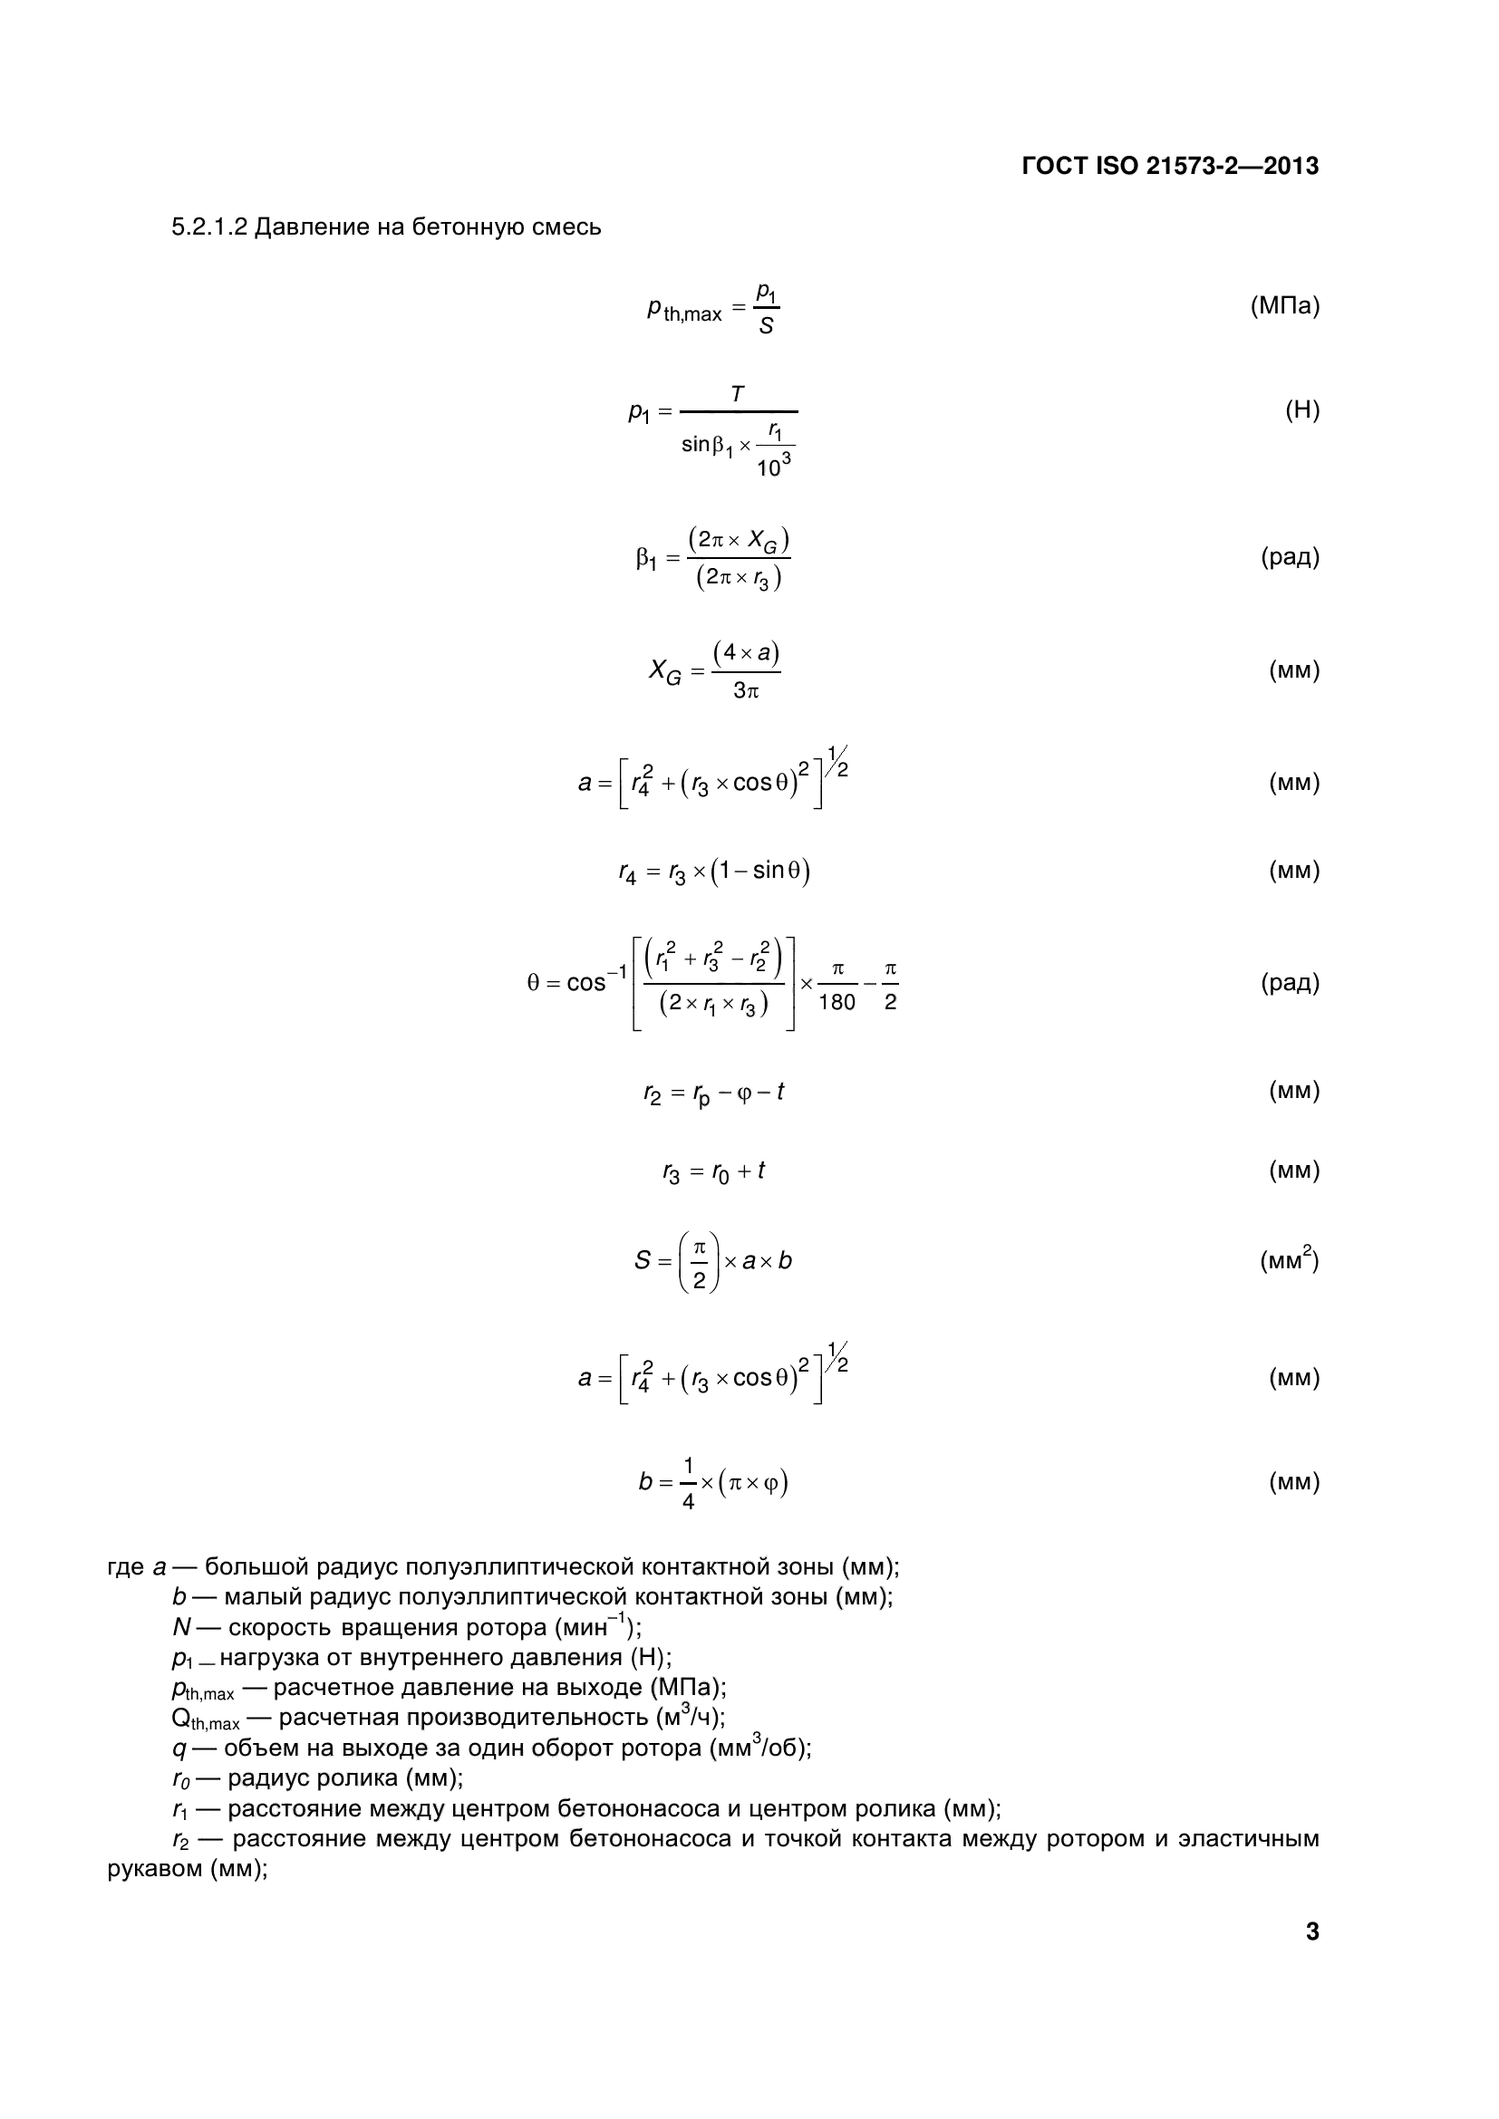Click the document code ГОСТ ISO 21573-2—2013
point(1170,166)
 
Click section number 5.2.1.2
point(209,227)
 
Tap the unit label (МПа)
point(1285,305)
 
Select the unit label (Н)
point(1301,409)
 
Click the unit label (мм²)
point(1290,1259)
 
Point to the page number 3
point(1311,1931)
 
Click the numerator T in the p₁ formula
point(738,394)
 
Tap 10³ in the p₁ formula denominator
point(773,466)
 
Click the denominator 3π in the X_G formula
point(746,690)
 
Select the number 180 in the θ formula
point(837,1002)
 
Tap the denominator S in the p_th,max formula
point(766,326)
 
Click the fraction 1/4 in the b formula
point(688,1483)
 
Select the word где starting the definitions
point(126,1567)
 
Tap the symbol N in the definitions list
point(181,1627)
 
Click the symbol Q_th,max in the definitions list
point(205,1718)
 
